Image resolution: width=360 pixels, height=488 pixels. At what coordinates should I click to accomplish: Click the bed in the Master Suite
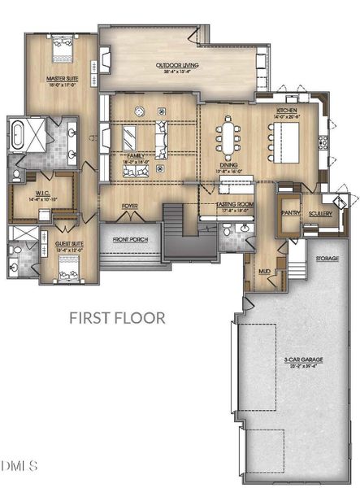[x=62, y=52]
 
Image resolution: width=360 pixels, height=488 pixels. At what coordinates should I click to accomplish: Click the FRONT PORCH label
[x=131, y=240]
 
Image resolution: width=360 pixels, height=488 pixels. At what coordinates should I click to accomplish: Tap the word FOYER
[x=129, y=207]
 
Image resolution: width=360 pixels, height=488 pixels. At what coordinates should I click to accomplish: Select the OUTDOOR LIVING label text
[x=177, y=65]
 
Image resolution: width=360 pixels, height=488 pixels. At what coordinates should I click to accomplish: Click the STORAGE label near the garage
[x=328, y=259]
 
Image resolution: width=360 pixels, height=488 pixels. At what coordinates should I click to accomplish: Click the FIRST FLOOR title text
[x=117, y=317]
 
